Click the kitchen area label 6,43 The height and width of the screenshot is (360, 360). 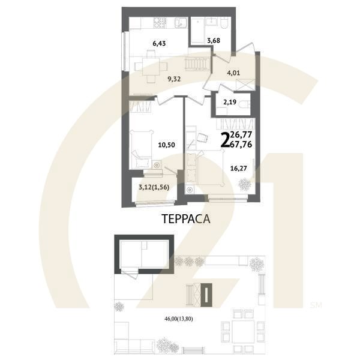point(159,43)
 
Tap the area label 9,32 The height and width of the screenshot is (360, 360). point(175,78)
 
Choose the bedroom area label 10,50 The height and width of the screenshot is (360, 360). point(165,145)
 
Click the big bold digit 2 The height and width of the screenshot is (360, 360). point(225,140)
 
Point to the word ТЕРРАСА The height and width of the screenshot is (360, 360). point(186,218)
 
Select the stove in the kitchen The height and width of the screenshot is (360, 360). point(160,23)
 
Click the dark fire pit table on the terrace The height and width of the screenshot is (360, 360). point(206,294)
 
